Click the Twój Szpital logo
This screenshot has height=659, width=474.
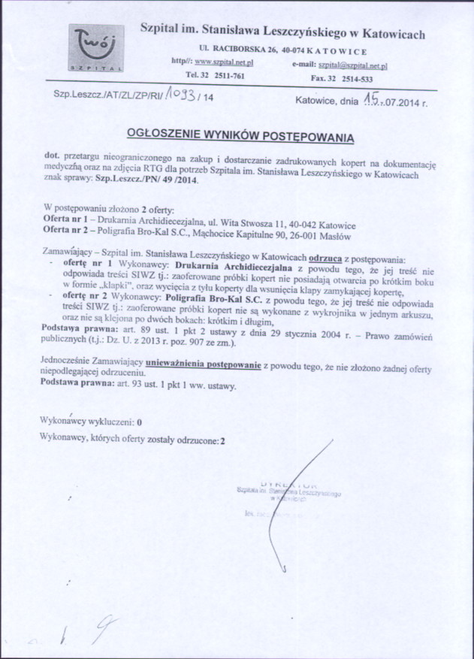click(97, 49)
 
